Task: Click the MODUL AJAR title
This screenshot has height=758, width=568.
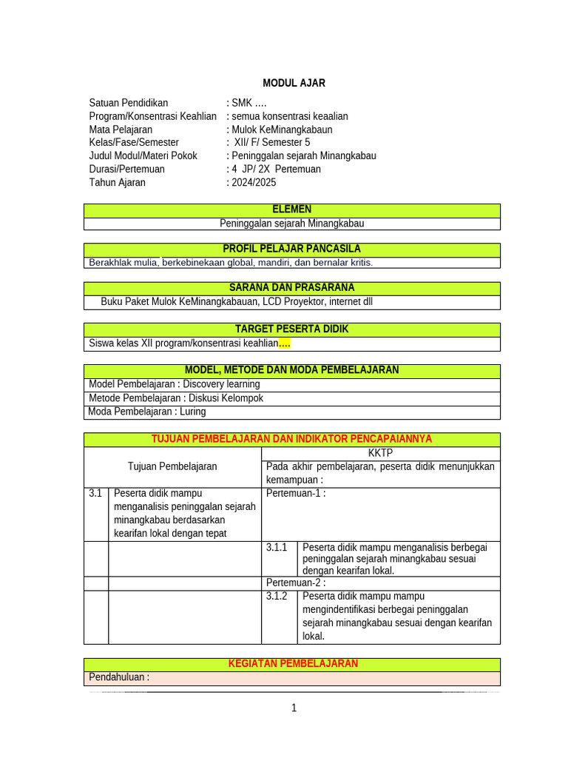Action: tap(294, 83)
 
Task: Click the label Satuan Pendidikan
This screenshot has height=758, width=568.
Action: tap(129, 103)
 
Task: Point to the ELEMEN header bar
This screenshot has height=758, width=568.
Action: tap(292, 210)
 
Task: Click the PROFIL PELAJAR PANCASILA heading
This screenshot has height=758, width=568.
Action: tap(292, 249)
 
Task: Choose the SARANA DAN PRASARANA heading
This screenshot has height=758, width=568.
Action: tap(292, 288)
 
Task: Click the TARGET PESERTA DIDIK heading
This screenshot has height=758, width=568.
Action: tap(292, 329)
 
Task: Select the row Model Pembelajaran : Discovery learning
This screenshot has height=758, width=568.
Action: tap(175, 384)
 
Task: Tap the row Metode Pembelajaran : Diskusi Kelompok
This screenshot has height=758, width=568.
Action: tap(176, 398)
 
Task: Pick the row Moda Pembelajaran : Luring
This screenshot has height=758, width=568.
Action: tap(147, 412)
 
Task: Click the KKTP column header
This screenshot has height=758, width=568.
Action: tap(380, 453)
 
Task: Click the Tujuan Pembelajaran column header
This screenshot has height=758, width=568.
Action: tap(172, 466)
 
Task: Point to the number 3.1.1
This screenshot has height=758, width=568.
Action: tap(277, 548)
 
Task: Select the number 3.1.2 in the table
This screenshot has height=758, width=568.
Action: tap(277, 597)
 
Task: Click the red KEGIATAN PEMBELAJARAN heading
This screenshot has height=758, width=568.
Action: tap(293, 664)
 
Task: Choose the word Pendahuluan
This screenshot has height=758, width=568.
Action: tap(118, 677)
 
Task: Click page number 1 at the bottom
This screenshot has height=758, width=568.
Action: tap(294, 708)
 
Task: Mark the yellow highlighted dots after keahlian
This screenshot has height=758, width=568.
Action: tap(285, 343)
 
